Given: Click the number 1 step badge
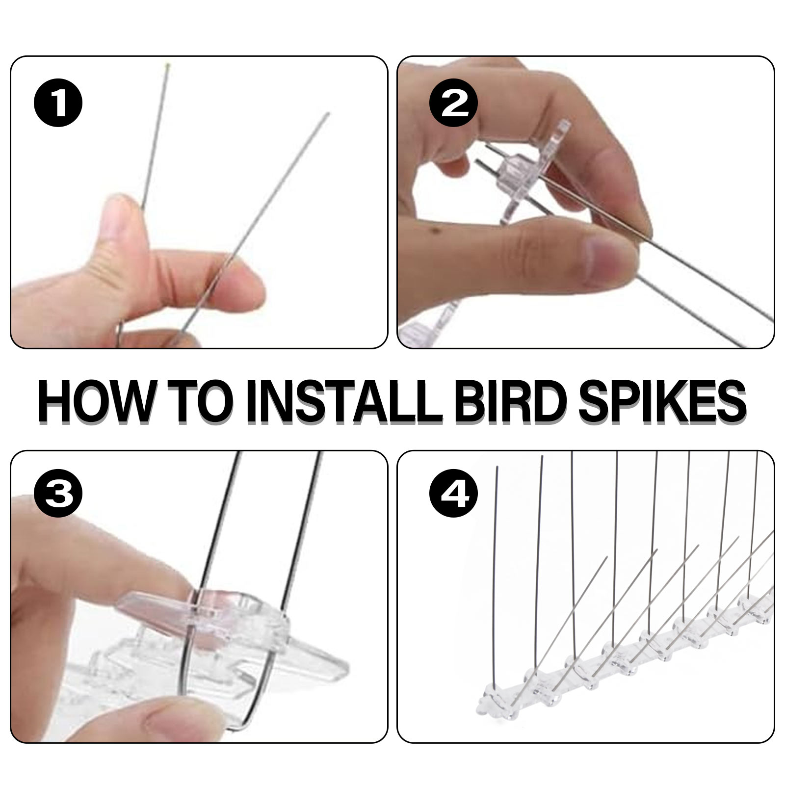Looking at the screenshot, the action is tap(58, 104).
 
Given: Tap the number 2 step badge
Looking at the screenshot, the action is tap(453, 104).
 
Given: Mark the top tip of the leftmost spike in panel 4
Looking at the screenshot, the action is tap(497, 467).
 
